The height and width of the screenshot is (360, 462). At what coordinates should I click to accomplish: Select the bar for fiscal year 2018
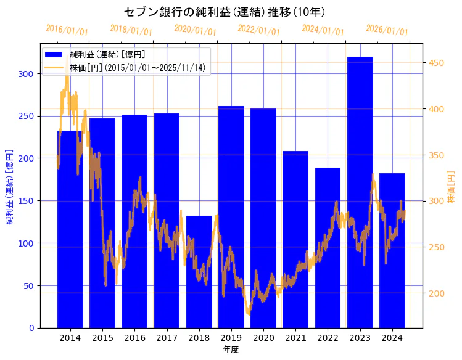tap(199, 272)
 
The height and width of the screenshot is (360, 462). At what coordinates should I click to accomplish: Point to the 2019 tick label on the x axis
tap(231, 338)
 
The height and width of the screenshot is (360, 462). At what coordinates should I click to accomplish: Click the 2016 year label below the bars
tap(134, 338)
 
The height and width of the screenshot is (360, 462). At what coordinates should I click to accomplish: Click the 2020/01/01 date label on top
tap(195, 30)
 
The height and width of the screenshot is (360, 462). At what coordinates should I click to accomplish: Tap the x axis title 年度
tap(231, 350)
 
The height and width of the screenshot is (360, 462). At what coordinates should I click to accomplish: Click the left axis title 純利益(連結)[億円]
tap(10, 186)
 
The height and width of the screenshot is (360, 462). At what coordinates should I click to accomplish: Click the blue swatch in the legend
tap(54, 55)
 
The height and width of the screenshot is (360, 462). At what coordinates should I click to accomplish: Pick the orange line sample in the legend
tap(54, 68)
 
